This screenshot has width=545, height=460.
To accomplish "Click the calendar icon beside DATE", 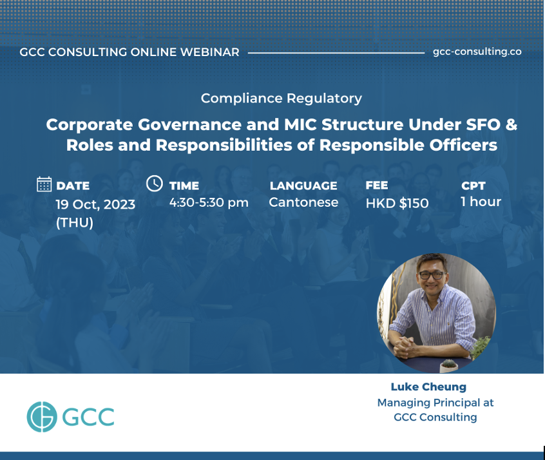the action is (x=44, y=184).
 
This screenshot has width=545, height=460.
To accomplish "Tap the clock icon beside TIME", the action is (x=155, y=183).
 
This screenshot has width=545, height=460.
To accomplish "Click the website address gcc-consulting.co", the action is (x=477, y=52).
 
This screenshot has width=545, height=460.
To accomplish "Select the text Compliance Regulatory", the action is (x=281, y=99).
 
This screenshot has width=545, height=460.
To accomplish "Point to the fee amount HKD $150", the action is (x=397, y=203).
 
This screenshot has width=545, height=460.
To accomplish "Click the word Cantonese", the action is (x=303, y=202).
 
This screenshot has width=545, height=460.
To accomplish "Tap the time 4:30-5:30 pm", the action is (x=209, y=203).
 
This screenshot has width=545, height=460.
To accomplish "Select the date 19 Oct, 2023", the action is (x=95, y=204).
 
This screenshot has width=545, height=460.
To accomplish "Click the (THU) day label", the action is (x=75, y=222).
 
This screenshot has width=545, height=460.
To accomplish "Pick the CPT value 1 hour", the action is (x=481, y=202).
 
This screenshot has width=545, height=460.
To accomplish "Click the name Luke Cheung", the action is (x=428, y=387).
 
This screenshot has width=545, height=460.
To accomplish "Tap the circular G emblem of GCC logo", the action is (x=42, y=417).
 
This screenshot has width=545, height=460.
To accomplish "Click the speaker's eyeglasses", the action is (x=432, y=275).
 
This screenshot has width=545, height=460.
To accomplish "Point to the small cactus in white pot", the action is (x=449, y=366).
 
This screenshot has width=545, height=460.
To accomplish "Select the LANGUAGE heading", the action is (x=303, y=186).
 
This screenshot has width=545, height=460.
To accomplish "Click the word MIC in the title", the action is (x=300, y=125).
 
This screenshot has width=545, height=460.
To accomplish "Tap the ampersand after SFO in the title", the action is (x=512, y=125).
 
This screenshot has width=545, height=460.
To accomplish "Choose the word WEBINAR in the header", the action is (x=210, y=52).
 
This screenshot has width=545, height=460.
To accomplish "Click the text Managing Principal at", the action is (x=435, y=403).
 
